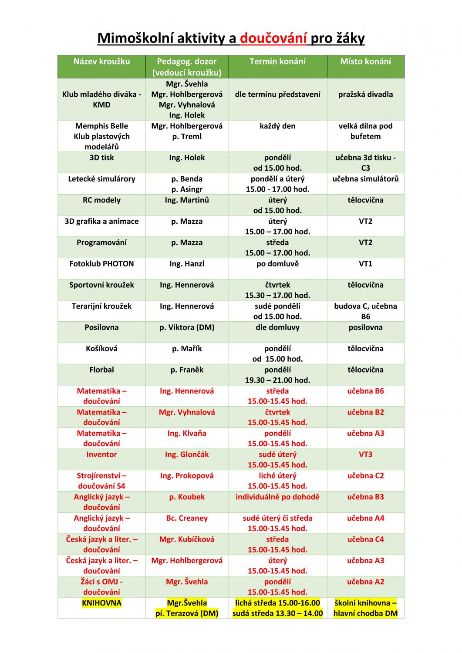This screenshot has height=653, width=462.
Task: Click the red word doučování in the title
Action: click(x=273, y=39)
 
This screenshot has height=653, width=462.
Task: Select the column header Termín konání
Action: click(x=277, y=61)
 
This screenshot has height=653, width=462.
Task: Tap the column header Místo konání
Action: click(x=365, y=61)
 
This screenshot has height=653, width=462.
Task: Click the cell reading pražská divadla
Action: click(x=365, y=94)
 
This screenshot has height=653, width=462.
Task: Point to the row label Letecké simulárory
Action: click(x=101, y=179)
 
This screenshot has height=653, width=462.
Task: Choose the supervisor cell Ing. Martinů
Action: click(x=187, y=200)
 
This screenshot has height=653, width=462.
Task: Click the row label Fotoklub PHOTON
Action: click(x=101, y=264)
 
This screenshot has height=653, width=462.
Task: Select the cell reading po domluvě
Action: click(x=277, y=264)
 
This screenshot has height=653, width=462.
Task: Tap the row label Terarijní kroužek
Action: click(x=101, y=306)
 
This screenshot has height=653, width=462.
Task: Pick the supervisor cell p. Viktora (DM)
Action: click(x=187, y=327)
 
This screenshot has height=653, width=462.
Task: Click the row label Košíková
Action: click(x=101, y=349)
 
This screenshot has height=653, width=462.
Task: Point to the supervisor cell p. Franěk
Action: click(x=187, y=370)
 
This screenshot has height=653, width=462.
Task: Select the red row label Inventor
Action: click(x=101, y=454)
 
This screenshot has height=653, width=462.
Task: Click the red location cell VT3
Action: click(x=365, y=454)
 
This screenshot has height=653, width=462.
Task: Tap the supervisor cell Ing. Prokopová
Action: click(x=187, y=476)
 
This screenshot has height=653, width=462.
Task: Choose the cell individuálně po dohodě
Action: click(x=277, y=497)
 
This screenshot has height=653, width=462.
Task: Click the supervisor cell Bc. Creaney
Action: click(x=187, y=518)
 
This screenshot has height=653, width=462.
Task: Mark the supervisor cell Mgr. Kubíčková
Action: click(x=187, y=539)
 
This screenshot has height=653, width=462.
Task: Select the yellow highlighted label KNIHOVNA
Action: click(x=101, y=603)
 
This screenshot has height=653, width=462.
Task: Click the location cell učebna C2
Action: click(x=365, y=476)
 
